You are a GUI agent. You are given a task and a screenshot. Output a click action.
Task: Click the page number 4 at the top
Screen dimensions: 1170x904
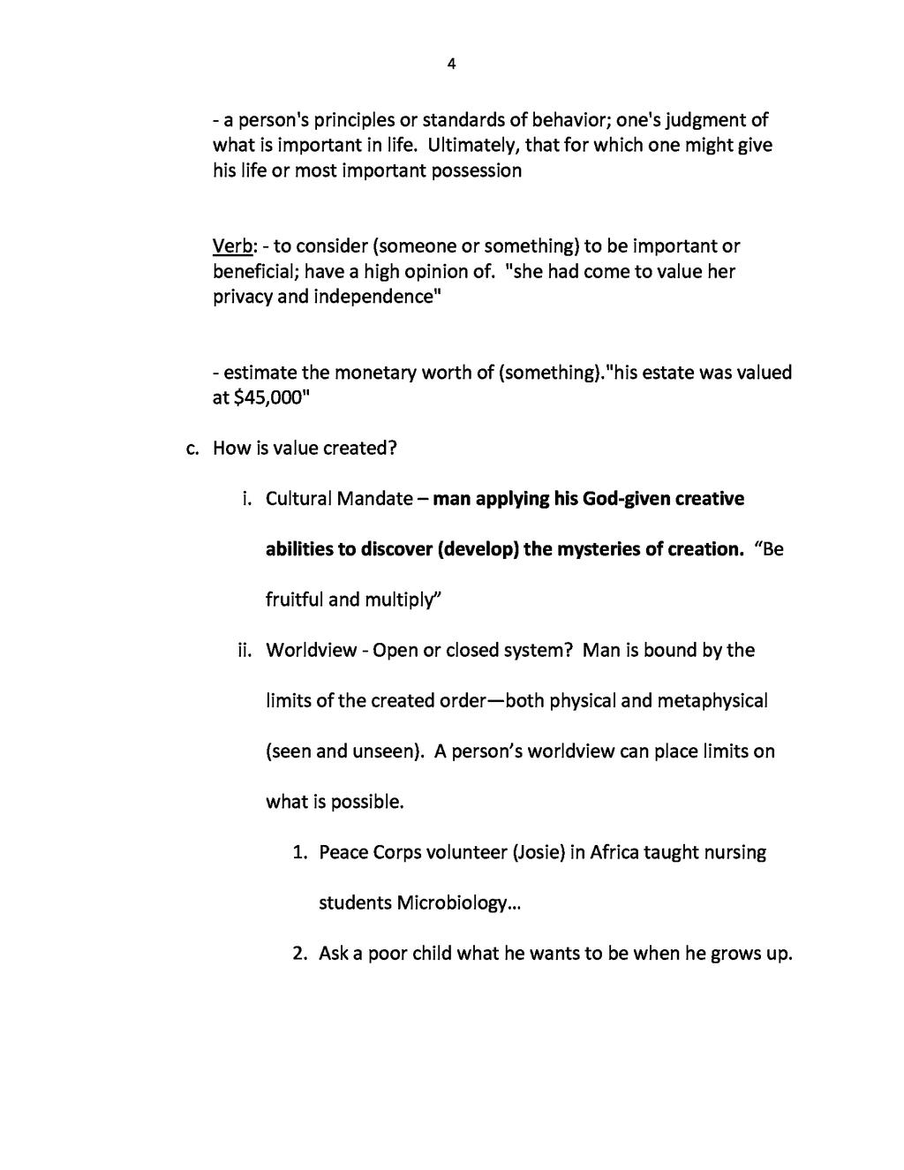pos(451,64)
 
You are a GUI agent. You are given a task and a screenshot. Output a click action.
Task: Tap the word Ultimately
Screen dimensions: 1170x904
pos(475,145)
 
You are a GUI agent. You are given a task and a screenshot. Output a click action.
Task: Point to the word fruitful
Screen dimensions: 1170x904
pos(295,600)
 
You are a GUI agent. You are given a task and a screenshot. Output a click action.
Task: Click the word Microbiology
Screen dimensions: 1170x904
pos(452,903)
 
